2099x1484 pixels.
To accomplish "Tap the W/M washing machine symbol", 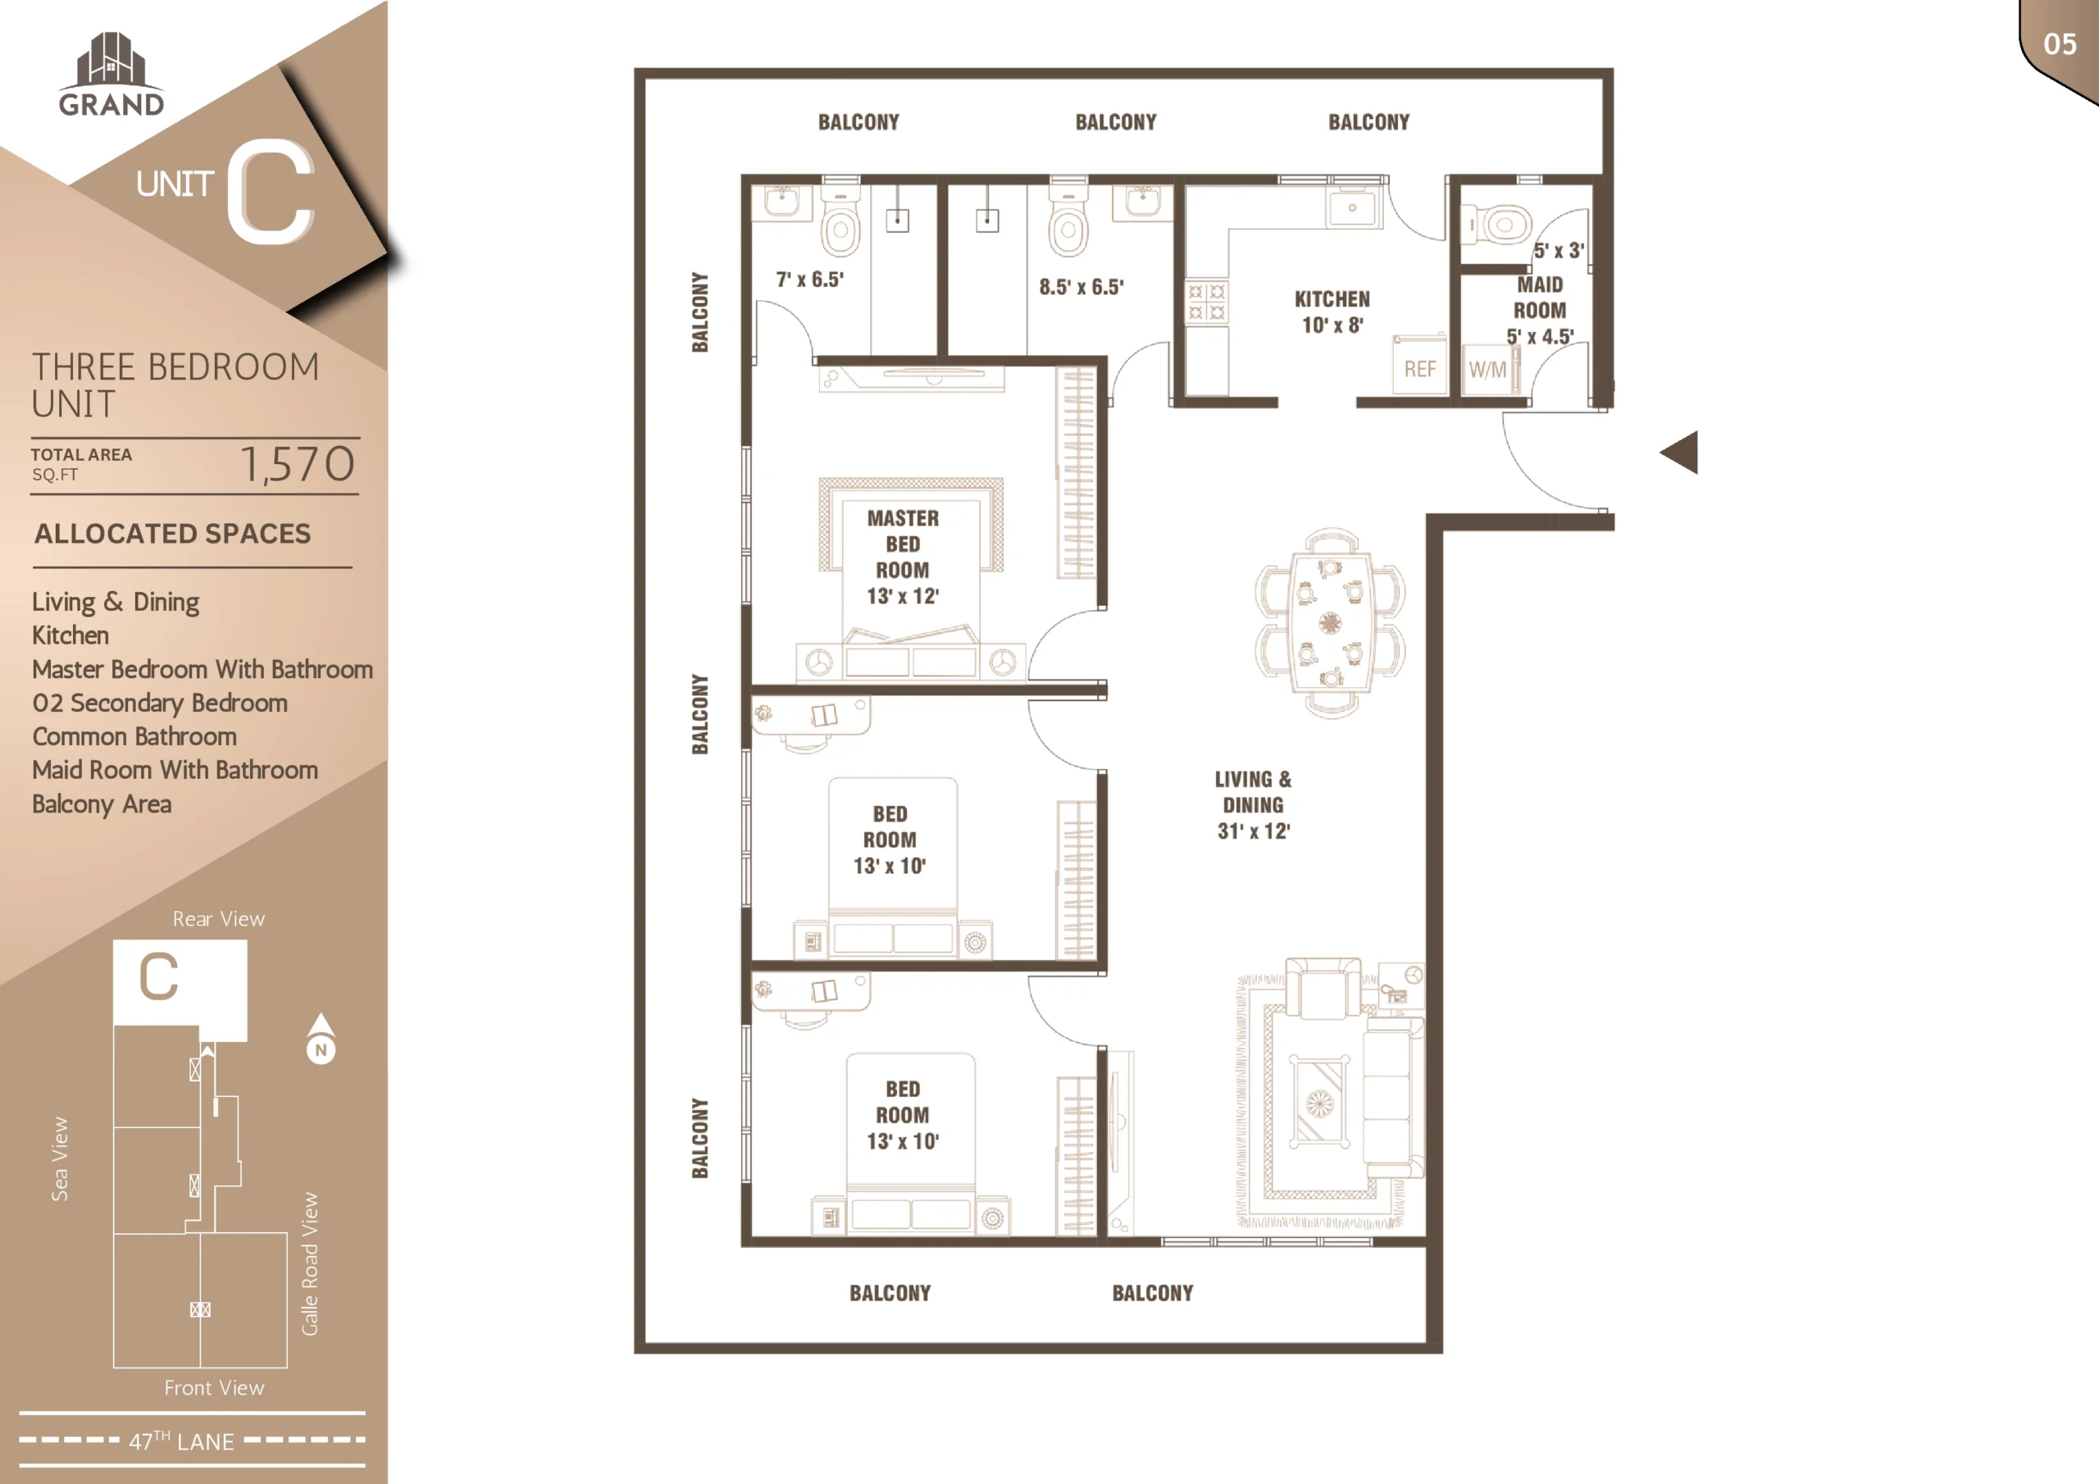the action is pyautogui.click(x=1488, y=370).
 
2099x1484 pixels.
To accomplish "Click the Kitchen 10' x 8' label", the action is pyautogui.click(x=1332, y=312).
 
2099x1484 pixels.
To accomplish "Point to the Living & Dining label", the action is pyautogui.click(x=1254, y=804).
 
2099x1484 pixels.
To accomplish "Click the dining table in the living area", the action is pyautogui.click(x=1330, y=621).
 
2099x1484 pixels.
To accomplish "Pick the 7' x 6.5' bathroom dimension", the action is pyautogui.click(x=810, y=279).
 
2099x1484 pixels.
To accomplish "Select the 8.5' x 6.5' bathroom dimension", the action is pyautogui.click(x=1081, y=286).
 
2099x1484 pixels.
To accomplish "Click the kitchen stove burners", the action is pyautogui.click(x=1207, y=303).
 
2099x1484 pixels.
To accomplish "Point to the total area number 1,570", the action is pyautogui.click(x=297, y=463).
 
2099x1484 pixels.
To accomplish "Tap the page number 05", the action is pyautogui.click(x=2060, y=44).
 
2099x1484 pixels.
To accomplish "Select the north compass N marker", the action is pyautogui.click(x=321, y=1039).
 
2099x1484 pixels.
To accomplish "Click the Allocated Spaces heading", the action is pyautogui.click(x=173, y=533).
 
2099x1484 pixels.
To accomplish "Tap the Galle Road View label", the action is pyautogui.click(x=310, y=1263).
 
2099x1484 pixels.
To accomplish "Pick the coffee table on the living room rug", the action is pyautogui.click(x=1319, y=1102).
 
